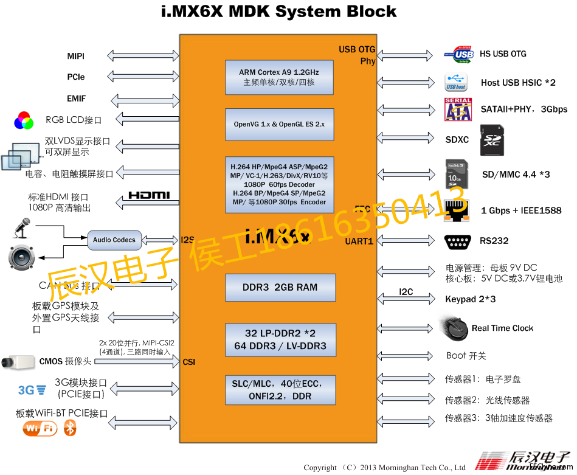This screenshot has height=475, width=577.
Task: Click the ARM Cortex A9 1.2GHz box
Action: (x=279, y=77)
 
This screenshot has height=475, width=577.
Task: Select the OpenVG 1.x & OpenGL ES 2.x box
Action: (x=279, y=124)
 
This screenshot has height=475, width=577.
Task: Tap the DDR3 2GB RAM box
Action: (x=279, y=288)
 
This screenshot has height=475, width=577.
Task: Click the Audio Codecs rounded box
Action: (x=114, y=240)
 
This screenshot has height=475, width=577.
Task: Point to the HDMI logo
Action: (x=149, y=196)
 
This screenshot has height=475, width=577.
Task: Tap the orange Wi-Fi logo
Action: (x=40, y=429)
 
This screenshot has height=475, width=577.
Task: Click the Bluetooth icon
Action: (x=71, y=428)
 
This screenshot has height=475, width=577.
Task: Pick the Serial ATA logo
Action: (x=458, y=109)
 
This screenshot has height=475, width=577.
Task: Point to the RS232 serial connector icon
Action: (x=458, y=241)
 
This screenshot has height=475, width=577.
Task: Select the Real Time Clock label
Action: (x=502, y=328)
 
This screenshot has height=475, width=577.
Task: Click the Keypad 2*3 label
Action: (x=470, y=299)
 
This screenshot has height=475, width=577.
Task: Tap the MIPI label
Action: (x=76, y=57)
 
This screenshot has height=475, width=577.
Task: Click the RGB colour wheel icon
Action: (x=24, y=120)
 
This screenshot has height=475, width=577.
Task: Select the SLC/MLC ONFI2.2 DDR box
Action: (x=279, y=390)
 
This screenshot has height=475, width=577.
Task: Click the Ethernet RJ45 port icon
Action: (x=457, y=210)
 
